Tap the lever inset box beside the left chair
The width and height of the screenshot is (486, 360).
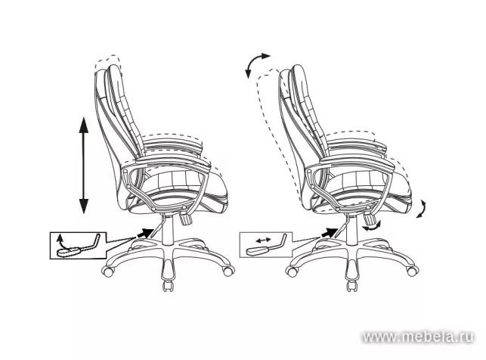[x=76, y=245]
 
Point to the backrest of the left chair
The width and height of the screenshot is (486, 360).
[x=117, y=113]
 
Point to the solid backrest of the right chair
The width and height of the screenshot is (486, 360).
[x=299, y=113]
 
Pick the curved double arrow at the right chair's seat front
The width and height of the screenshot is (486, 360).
[x=424, y=208]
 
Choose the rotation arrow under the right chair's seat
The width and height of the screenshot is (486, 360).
[x=371, y=225]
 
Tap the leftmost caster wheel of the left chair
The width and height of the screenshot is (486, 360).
[x=109, y=269]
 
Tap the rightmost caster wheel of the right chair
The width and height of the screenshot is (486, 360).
[x=413, y=266]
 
